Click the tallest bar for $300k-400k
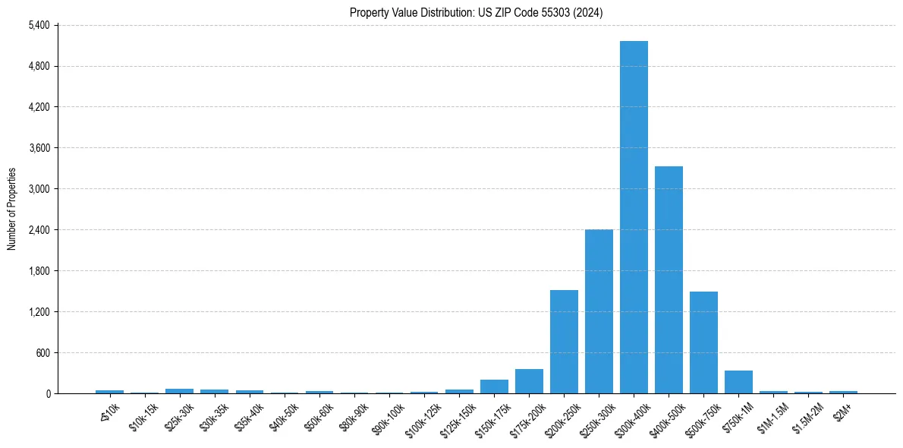pos(634,217)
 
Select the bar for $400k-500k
pos(669,279)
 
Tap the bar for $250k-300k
pos(599,311)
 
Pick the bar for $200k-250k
pos(564,342)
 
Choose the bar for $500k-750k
pos(703,342)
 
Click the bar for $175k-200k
pos(529,381)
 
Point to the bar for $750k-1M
pos(738,382)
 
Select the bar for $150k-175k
pos(494,386)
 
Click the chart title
pos(476,12)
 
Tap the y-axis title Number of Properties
pos(11,209)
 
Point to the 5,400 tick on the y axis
pos(38,25)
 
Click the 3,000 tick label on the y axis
pos(38,189)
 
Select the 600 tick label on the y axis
pos(42,353)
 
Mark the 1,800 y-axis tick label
pos(38,271)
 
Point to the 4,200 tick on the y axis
pos(38,107)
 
